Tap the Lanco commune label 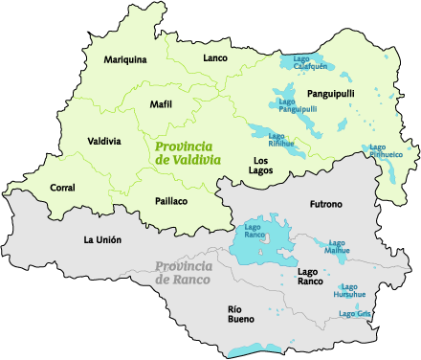pyautogui.click(x=215, y=58)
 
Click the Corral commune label pyautogui.click(x=62, y=188)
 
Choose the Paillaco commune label pyautogui.click(x=170, y=201)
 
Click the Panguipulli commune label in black pyautogui.click(x=331, y=93)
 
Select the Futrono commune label pyautogui.click(x=325, y=205)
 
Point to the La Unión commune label pyautogui.click(x=102, y=239)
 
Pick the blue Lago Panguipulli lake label pyautogui.click(x=297, y=105)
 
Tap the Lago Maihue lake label pyautogui.click(x=338, y=247)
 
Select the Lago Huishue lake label pyautogui.click(x=349, y=290)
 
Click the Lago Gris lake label pyautogui.click(x=354, y=313)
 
